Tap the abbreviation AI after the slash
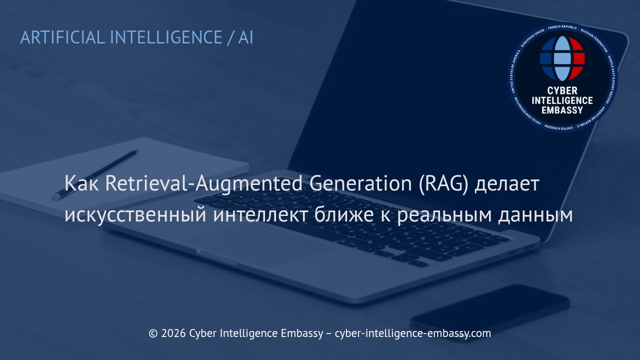(x=245, y=37)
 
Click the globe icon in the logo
(x=562, y=58)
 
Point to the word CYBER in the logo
(x=562, y=90)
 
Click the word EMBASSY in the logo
(x=562, y=110)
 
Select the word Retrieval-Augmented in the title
(x=204, y=184)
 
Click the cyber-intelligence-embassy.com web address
(x=412, y=333)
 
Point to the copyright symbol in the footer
(x=153, y=333)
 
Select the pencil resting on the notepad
(x=95, y=174)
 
